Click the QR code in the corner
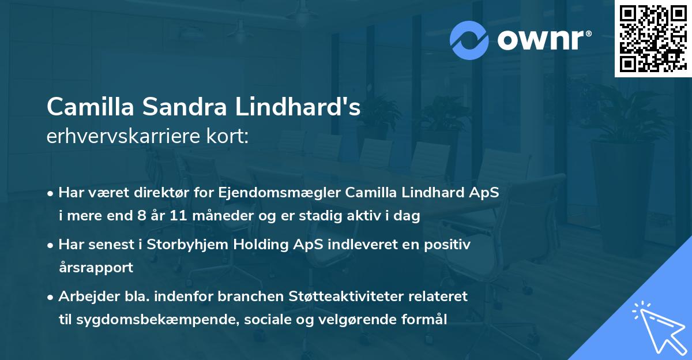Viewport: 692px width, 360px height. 653,38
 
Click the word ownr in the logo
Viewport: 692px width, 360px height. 541,40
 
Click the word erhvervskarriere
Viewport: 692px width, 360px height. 125,137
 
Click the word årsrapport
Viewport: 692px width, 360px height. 96,268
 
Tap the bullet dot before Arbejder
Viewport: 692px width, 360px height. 51,297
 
